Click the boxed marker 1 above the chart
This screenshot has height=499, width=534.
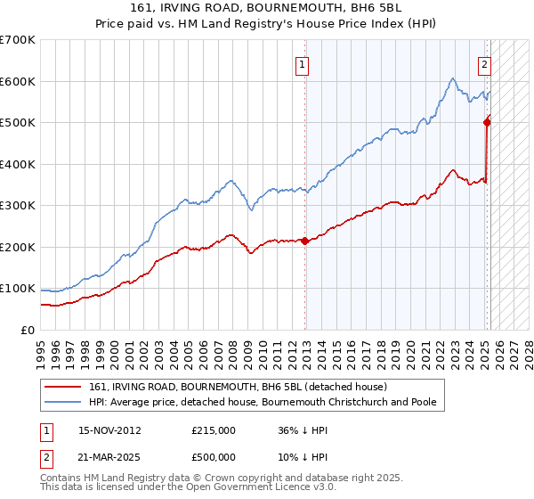click(303, 63)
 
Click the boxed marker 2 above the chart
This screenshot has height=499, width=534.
click(484, 63)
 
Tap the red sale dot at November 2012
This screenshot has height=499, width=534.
click(304, 241)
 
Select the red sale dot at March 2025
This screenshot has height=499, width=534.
click(487, 122)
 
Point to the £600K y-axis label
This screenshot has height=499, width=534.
click(18, 81)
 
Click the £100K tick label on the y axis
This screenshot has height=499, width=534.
click(18, 289)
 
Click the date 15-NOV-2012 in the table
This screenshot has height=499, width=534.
click(109, 430)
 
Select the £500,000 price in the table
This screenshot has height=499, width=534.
click(214, 457)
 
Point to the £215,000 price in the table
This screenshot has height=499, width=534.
click(214, 430)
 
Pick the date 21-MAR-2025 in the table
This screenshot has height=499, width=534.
click(109, 457)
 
